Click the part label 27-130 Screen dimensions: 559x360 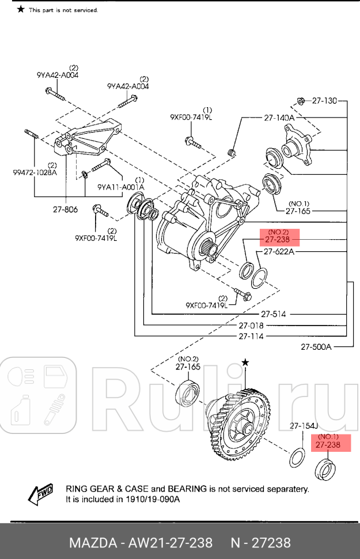[x=324, y=101]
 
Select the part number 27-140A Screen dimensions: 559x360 [x=279, y=118]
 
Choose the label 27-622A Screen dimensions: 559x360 [x=279, y=252]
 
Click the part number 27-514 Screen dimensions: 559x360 [x=273, y=314]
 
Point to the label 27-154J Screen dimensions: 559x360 [x=304, y=426]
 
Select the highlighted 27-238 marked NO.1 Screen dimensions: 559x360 [x=325, y=445]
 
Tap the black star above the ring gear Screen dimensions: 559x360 [x=245, y=362]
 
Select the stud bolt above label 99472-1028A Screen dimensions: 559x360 [x=31, y=136]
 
